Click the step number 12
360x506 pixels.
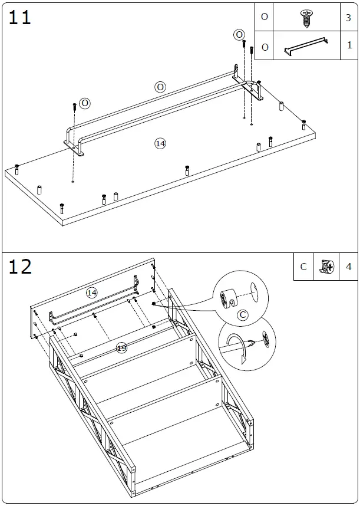click(19, 267)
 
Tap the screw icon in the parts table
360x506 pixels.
click(306, 17)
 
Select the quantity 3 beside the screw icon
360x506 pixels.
click(348, 18)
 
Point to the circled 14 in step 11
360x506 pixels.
click(160, 143)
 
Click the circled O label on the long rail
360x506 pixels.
click(160, 87)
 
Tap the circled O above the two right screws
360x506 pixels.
click(239, 35)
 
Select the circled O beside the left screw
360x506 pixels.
click(85, 103)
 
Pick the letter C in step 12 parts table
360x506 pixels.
click(303, 267)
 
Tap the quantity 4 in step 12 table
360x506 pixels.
click(348, 267)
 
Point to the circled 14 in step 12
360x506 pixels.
click(91, 293)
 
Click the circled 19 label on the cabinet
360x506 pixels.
click(121, 348)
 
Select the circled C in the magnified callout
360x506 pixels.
click(242, 315)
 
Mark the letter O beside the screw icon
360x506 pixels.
click(265, 17)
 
